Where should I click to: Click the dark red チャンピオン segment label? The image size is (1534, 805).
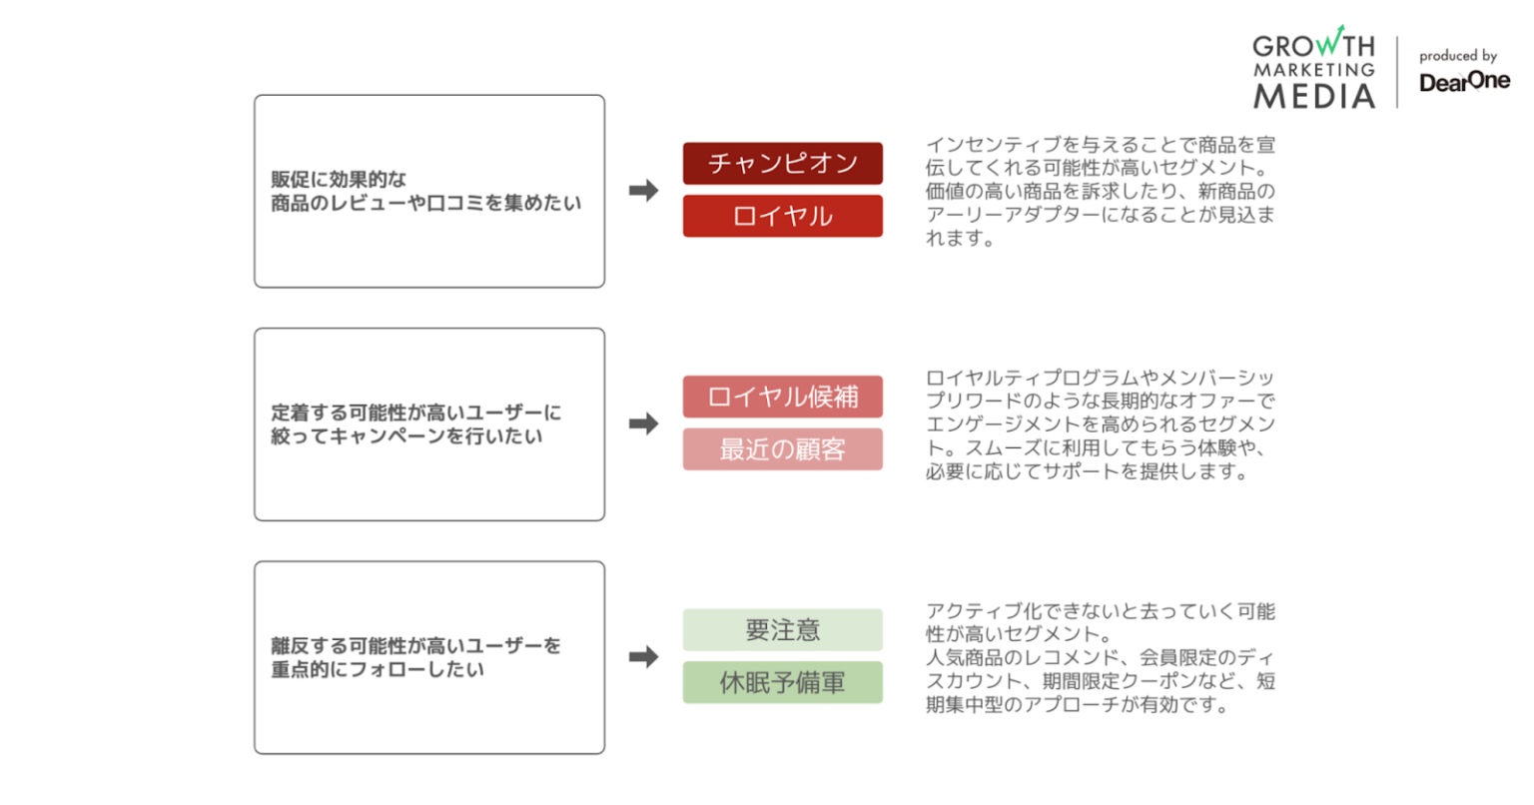782,163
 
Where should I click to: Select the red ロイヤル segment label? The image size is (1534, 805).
782,216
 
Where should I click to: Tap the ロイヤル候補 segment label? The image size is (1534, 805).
782,397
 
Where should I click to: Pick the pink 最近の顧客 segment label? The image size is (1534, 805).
782,449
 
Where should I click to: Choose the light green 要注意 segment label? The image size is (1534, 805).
782,630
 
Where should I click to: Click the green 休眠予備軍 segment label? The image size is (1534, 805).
782,683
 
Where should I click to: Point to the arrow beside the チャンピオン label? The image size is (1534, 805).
643,190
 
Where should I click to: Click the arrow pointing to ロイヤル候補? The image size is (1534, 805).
643,423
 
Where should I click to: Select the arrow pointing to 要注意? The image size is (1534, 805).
643,656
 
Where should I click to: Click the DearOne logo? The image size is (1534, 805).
1464,82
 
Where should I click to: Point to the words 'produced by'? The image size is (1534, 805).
1458,56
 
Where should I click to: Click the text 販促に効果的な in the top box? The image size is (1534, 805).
340,180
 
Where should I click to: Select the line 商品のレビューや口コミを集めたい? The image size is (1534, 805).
425,203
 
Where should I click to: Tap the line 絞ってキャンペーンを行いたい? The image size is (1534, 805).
406,436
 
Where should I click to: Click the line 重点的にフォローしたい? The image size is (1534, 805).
378,669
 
